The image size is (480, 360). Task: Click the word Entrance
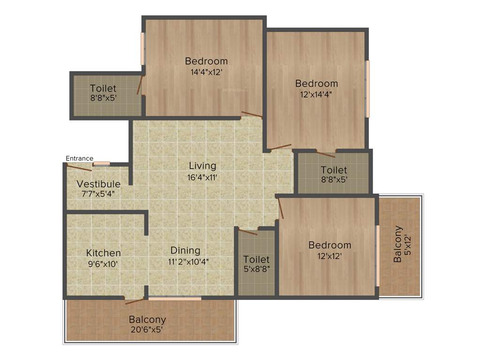[x=79, y=158]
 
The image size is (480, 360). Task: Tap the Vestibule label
[x=98, y=184]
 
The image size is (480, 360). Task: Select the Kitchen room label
[x=103, y=253]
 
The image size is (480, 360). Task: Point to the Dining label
[x=185, y=251]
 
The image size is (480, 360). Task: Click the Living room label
[x=202, y=166]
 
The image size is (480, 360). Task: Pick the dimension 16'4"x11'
[x=202, y=177]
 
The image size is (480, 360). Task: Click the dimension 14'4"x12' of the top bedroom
[x=206, y=72]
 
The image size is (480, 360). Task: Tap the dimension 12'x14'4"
[x=316, y=95]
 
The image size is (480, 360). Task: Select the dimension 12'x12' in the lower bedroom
[x=330, y=256]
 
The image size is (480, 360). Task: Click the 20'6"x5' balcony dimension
[x=148, y=330]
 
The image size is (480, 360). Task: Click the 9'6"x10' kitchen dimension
[x=103, y=264]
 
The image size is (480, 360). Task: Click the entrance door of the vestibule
[x=79, y=167]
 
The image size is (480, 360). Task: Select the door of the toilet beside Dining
[x=247, y=231]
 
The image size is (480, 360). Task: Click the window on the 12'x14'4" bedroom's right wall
[x=368, y=89]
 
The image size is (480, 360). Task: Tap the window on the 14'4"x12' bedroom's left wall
[x=143, y=49]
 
